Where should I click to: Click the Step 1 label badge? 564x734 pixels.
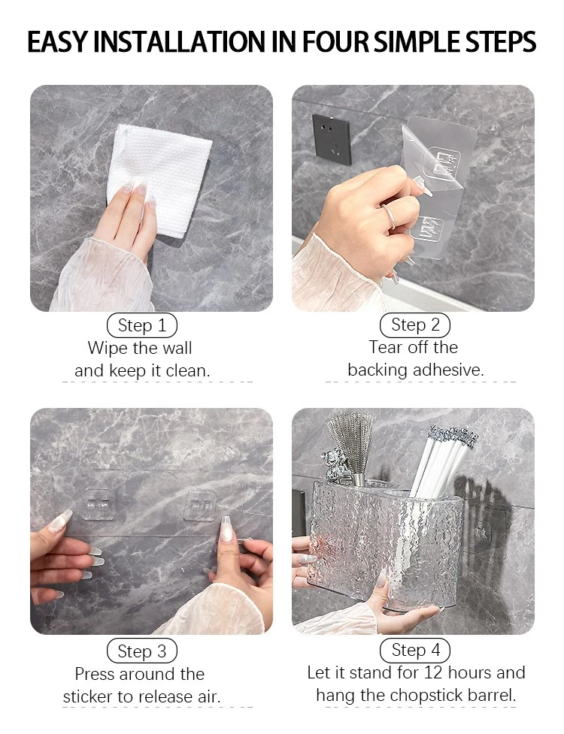coord(142,325)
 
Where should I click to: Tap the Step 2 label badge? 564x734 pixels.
coord(414,325)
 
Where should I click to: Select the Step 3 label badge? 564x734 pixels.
coord(142,651)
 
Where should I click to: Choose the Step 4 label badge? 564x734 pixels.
coord(414,650)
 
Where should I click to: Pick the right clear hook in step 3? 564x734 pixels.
coord(200,505)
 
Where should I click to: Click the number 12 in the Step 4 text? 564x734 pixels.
coord(433,672)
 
